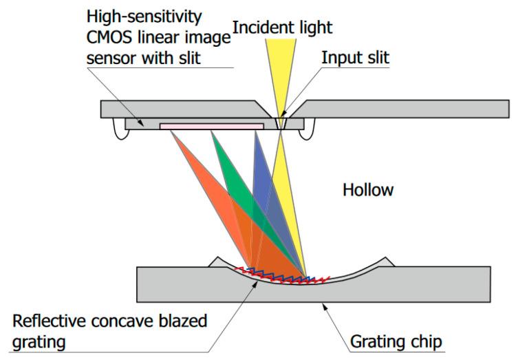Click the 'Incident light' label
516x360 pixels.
282,28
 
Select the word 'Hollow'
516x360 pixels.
368,189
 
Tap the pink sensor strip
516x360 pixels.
211,126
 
